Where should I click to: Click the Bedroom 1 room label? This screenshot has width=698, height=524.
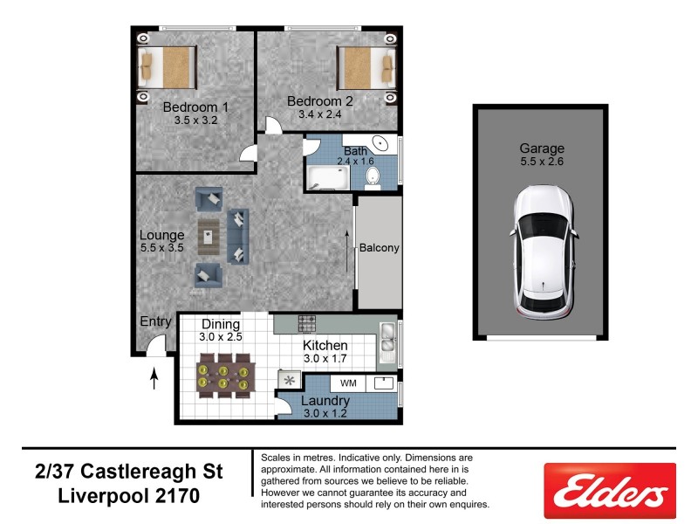(195, 107)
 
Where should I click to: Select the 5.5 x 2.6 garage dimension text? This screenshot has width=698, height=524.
(542, 162)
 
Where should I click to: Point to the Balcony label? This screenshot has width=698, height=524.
(379, 248)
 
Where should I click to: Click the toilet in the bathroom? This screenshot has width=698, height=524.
(373, 177)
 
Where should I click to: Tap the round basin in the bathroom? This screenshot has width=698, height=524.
(381, 145)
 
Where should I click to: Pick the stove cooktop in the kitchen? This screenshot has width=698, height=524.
(306, 323)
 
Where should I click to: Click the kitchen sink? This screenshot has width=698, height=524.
(387, 345)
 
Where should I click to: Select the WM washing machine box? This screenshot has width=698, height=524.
(348, 383)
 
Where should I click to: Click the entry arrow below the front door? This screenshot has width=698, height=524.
(155, 379)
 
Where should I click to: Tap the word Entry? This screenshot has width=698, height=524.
(156, 321)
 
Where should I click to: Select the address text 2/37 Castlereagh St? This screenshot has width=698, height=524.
(129, 472)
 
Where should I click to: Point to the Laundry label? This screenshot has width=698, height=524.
(325, 402)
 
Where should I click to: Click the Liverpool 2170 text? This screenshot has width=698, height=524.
(129, 496)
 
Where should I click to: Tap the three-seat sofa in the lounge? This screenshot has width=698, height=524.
(237, 236)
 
